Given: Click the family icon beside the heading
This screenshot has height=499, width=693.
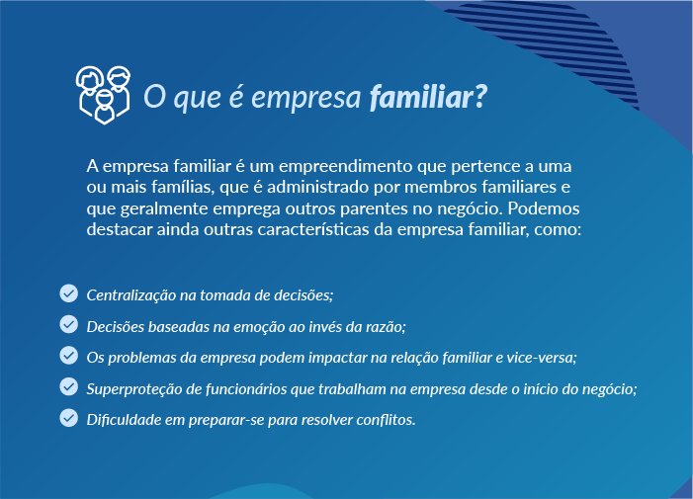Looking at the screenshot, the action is pos(104,95).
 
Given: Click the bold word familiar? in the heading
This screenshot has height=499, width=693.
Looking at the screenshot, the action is pos(428,97).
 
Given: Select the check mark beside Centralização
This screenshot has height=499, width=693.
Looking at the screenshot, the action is pos(68,293).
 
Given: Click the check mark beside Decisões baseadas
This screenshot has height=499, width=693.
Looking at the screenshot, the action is pos(68,324).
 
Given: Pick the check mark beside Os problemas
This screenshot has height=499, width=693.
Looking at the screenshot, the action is pos(68,356).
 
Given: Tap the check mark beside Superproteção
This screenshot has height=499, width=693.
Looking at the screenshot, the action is pos(68,386).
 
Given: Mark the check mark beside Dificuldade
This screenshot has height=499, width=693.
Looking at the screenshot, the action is pos(68,418).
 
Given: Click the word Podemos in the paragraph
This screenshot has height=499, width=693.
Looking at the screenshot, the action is pos(543,208).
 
